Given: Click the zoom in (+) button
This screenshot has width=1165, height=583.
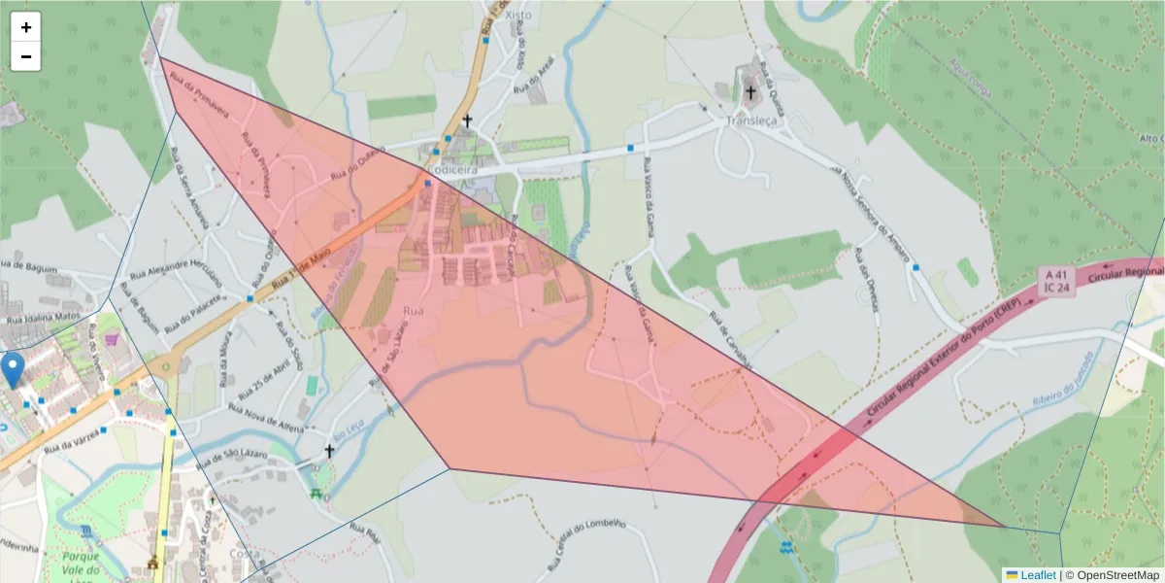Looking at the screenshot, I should [x=26, y=27].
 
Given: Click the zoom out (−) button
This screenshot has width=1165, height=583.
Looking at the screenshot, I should [x=26, y=56].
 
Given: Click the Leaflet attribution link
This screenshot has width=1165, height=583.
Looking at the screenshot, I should [x=1037, y=574].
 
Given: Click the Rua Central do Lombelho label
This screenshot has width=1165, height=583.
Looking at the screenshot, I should [x=587, y=545].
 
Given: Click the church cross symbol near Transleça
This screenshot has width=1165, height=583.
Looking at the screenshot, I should [x=749, y=93].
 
